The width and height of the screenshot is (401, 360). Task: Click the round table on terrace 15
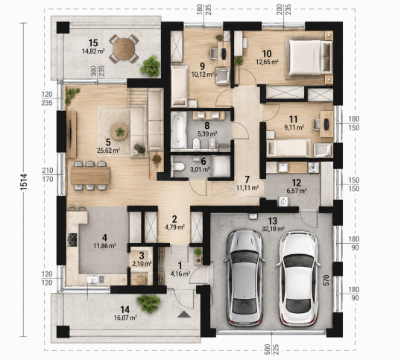point(124,49)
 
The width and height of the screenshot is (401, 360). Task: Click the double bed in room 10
point(311,57)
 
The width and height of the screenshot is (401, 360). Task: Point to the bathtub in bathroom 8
point(179,130)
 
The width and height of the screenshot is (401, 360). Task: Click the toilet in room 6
point(178,167)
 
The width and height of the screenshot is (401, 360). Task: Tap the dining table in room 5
point(90,175)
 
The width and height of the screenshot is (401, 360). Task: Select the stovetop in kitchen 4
point(72,239)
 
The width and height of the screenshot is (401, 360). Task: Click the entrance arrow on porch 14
point(184,315)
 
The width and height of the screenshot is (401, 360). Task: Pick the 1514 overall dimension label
point(24,182)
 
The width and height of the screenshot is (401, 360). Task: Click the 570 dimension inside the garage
point(326,280)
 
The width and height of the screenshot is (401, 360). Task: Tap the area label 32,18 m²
point(273,229)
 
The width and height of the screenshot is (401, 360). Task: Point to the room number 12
point(297,183)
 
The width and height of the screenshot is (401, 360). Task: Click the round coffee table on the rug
point(119,131)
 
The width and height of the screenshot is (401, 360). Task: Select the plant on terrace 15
point(150,66)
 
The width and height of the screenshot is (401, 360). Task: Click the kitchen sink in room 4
point(92,279)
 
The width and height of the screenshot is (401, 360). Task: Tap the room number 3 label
point(142,255)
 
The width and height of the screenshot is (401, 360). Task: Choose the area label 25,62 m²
point(108,151)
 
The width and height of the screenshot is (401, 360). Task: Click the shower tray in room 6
point(221,166)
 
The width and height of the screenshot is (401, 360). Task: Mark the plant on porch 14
point(148,303)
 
